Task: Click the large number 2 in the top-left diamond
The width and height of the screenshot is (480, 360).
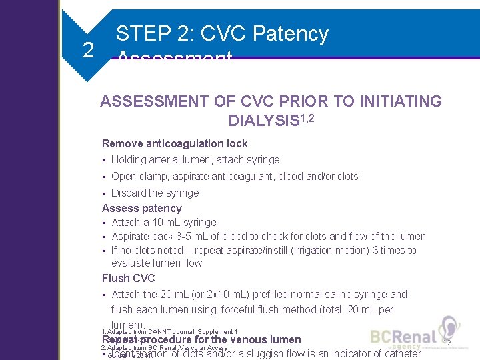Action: tap(87, 50)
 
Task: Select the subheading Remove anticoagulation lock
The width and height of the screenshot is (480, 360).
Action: tap(174, 143)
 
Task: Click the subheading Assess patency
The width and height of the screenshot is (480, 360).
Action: tap(141, 208)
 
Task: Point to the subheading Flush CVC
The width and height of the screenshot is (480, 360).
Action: tap(128, 278)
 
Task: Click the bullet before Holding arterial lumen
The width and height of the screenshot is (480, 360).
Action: tap(105, 160)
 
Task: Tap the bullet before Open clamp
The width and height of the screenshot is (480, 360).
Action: tap(105, 177)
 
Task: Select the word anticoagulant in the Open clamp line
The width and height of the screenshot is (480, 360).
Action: tap(248, 176)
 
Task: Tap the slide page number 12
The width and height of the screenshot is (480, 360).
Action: tap(446, 341)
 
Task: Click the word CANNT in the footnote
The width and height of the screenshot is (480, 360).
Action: tap(151, 331)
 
